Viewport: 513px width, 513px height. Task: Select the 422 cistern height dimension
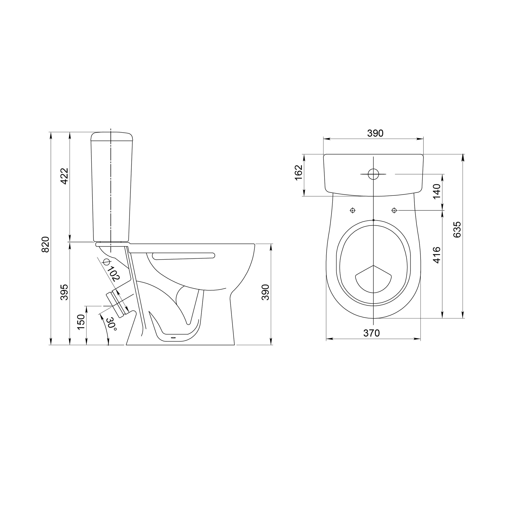pos(64,176)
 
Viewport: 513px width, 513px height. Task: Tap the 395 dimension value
pos(64,292)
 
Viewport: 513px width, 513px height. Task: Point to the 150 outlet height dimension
pos(81,322)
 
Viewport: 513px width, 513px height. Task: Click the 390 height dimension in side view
pos(265,292)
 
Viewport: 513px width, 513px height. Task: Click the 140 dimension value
pos(437,191)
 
